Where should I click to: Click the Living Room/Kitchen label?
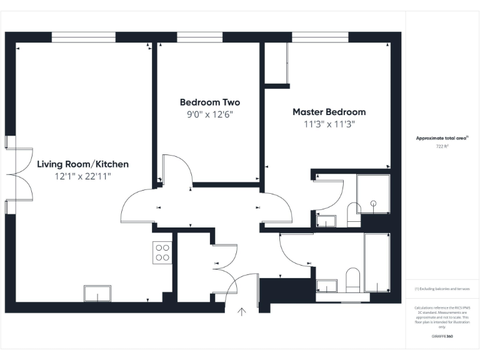pyautogui.click(x=82, y=164)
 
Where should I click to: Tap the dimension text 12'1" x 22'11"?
pyautogui.click(x=82, y=177)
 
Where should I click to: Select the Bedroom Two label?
pyautogui.click(x=209, y=102)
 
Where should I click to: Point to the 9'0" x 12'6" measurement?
pyautogui.click(x=209, y=114)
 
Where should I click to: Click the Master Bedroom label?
pyautogui.click(x=329, y=112)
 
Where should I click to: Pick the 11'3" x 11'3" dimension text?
pyautogui.click(x=329, y=124)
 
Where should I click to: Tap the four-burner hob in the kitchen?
pyautogui.click(x=162, y=252)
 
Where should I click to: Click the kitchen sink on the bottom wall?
pyautogui.click(x=97, y=294)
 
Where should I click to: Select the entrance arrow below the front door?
pyautogui.click(x=242, y=311)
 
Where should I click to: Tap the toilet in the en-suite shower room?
pyautogui.click(x=353, y=214)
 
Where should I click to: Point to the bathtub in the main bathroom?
pyautogui.click(x=377, y=262)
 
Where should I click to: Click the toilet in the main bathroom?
pyautogui.click(x=353, y=280)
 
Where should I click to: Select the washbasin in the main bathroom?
pyautogui.click(x=327, y=286)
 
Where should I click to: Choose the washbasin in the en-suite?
pyautogui.click(x=326, y=220)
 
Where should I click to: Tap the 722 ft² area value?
pyautogui.click(x=442, y=146)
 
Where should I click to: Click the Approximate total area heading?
pyautogui.click(x=442, y=137)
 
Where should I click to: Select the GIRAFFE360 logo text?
pyautogui.click(x=442, y=337)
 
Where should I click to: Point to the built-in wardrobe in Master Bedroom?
pyautogui.click(x=276, y=63)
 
